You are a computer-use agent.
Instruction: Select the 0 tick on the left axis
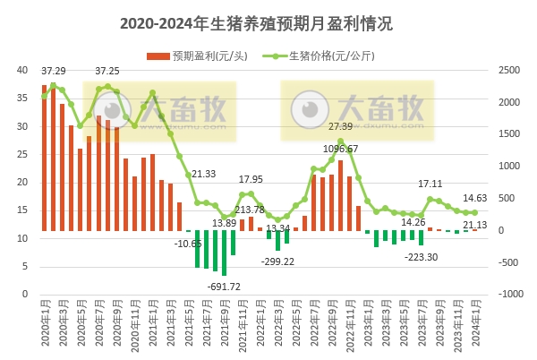tap(24, 294)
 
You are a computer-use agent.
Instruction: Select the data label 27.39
tap(341, 127)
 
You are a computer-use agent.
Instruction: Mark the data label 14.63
tap(474, 198)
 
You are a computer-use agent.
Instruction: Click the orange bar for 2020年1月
tap(45, 158)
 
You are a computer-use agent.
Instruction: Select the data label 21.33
tap(203, 174)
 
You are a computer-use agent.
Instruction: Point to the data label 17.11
tap(431, 184)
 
